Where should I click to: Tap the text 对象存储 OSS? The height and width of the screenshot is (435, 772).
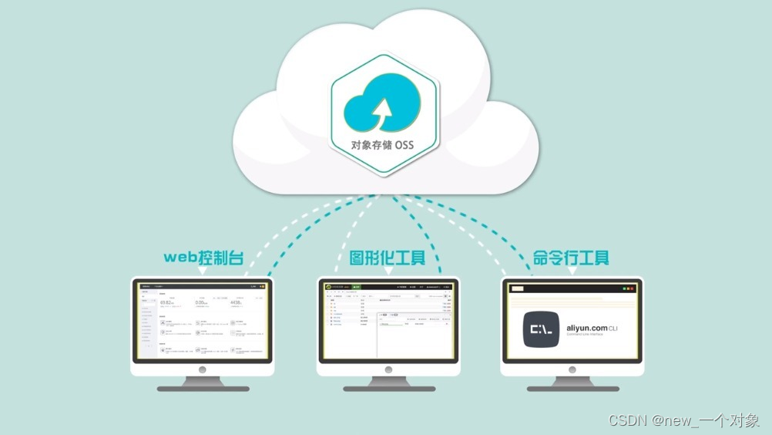383,146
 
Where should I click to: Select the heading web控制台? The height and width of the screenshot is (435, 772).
203,257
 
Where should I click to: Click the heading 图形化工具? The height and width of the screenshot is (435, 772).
387,257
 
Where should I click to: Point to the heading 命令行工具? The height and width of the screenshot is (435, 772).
571,257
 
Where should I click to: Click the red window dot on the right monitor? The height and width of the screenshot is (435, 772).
633,288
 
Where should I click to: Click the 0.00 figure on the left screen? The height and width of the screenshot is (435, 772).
202,302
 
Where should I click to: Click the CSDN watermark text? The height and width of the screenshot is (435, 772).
683,420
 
